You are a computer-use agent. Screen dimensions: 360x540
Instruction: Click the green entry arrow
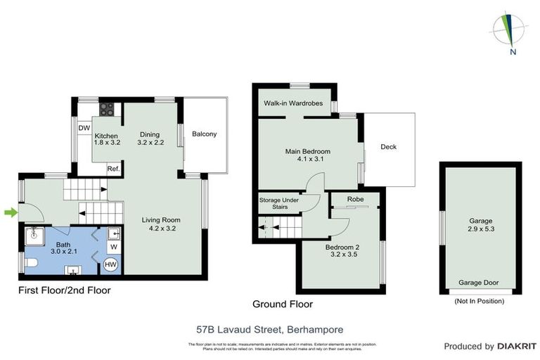tap(9, 212)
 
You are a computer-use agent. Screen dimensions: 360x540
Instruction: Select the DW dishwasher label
tap(84, 128)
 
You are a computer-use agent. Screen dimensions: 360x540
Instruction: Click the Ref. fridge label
tap(113, 169)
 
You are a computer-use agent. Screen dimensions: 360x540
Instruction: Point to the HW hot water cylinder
tap(110, 264)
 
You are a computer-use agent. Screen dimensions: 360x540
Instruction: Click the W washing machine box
tap(113, 247)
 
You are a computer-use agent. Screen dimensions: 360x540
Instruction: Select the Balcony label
tap(205, 134)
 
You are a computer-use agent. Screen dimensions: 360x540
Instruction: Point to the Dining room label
tap(150, 134)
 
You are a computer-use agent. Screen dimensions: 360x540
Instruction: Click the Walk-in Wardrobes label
tap(293, 103)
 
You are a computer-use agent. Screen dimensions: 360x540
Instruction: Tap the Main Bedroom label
tap(307, 151)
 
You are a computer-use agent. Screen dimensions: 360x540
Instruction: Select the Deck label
tap(389, 147)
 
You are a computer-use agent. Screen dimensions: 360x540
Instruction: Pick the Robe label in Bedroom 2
tap(355, 200)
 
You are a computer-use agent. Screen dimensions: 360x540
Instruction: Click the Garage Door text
tap(479, 283)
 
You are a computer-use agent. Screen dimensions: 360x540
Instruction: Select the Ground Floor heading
tap(283, 304)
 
